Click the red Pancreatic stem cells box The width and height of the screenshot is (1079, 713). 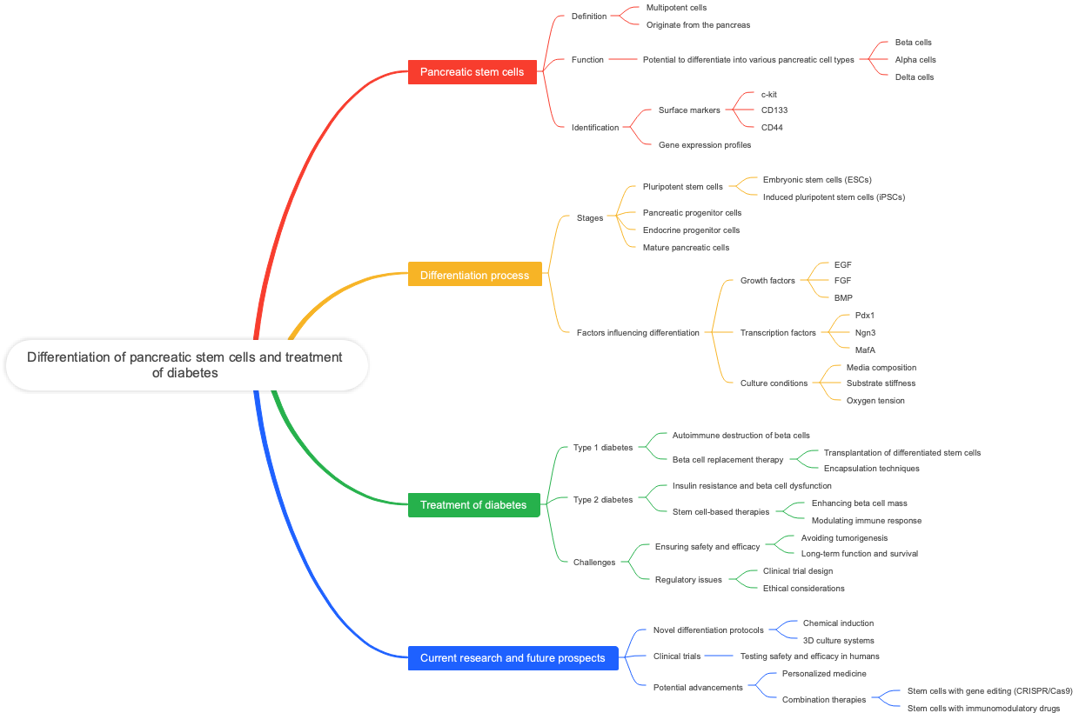tap(472, 72)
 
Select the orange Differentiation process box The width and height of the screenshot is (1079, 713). tap(474, 276)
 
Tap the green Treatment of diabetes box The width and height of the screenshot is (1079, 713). tap(473, 505)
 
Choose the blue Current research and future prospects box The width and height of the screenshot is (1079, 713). tap(513, 658)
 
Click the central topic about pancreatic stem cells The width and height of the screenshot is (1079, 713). tap(185, 365)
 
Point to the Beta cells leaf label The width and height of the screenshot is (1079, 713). tap(913, 43)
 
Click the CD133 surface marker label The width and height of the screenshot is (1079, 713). tap(774, 110)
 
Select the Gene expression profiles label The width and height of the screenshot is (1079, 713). tap(705, 145)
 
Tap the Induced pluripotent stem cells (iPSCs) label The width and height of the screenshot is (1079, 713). tap(834, 197)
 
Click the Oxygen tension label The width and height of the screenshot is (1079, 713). tap(875, 401)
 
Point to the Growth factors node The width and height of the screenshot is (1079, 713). tap(767, 281)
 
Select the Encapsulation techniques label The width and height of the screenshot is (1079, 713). tap(871, 469)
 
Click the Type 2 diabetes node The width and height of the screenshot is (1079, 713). tap(603, 500)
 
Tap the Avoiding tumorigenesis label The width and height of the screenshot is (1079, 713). tap(844, 538)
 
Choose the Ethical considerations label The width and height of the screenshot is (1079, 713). tap(803, 589)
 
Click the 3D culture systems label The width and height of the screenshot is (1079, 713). tap(838, 641)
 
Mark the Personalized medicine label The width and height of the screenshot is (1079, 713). tap(824, 674)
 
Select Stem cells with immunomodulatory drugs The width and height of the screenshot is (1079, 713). tap(983, 709)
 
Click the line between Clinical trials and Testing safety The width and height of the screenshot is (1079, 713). tap(720, 656)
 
